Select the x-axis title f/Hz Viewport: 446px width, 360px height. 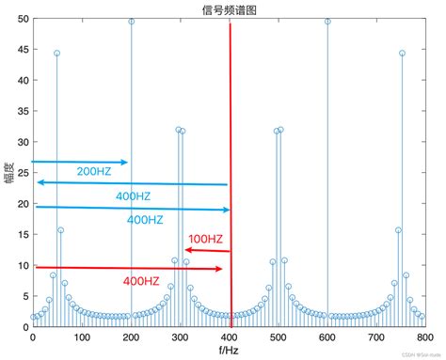229,351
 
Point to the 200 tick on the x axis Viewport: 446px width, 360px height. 131,337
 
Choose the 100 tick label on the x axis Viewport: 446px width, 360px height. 82,337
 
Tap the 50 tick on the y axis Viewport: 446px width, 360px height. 23,22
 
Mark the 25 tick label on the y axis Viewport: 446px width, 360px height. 23,174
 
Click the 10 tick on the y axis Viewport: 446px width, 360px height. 23,266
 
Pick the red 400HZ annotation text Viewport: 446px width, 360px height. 142,281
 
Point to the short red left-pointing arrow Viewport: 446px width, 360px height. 207,250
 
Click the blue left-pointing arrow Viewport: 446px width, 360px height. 132,184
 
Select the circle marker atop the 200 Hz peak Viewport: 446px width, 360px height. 131,22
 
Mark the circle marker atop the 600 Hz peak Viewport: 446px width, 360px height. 327,22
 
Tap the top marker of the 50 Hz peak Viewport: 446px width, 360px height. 57,54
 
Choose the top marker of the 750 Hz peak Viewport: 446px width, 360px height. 402,54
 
